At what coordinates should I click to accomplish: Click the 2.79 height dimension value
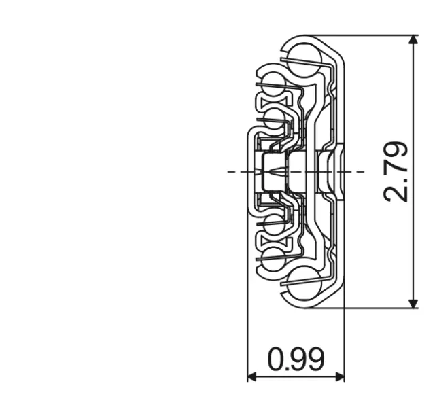(396, 171)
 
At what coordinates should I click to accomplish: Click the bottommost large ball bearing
(303, 286)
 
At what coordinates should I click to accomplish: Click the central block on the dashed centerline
(275, 171)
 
